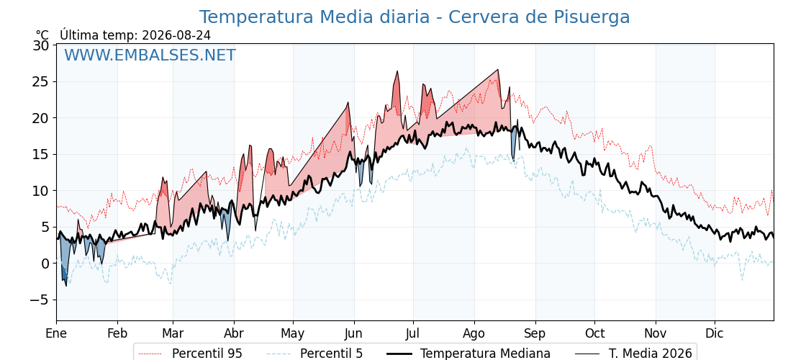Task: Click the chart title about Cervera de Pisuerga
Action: pyautogui.click(x=415, y=17)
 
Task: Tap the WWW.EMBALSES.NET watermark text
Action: pyautogui.click(x=150, y=55)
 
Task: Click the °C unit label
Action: pyautogui.click(x=42, y=35)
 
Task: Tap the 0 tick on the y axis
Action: pyautogui.click(x=45, y=264)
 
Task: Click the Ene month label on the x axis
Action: pyautogui.click(x=56, y=334)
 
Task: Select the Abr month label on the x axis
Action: pyautogui.click(x=234, y=334)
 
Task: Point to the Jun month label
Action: pyautogui.click(x=353, y=334)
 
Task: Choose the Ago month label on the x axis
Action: pyautogui.click(x=474, y=334)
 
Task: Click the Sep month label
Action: pyautogui.click(x=535, y=334)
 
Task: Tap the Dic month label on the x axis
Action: pyautogui.click(x=715, y=334)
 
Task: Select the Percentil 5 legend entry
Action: pyautogui.click(x=314, y=354)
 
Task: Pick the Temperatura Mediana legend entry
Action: pyautogui.click(x=468, y=354)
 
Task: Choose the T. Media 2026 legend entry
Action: pyautogui.click(x=634, y=354)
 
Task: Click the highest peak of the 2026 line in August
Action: pyautogui.click(x=497, y=69)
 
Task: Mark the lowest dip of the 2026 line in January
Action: pyautogui.click(x=65, y=286)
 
